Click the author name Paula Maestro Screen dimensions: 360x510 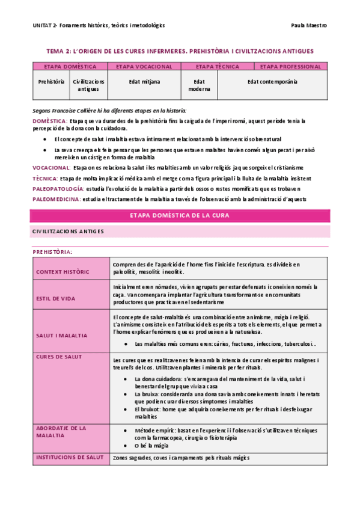point(309,25)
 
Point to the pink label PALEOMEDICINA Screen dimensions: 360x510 point(56,198)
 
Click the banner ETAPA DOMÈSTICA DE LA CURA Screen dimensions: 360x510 point(180,215)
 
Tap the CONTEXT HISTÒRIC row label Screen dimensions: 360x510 point(63,272)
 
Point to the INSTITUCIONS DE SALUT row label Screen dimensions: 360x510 point(70,458)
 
